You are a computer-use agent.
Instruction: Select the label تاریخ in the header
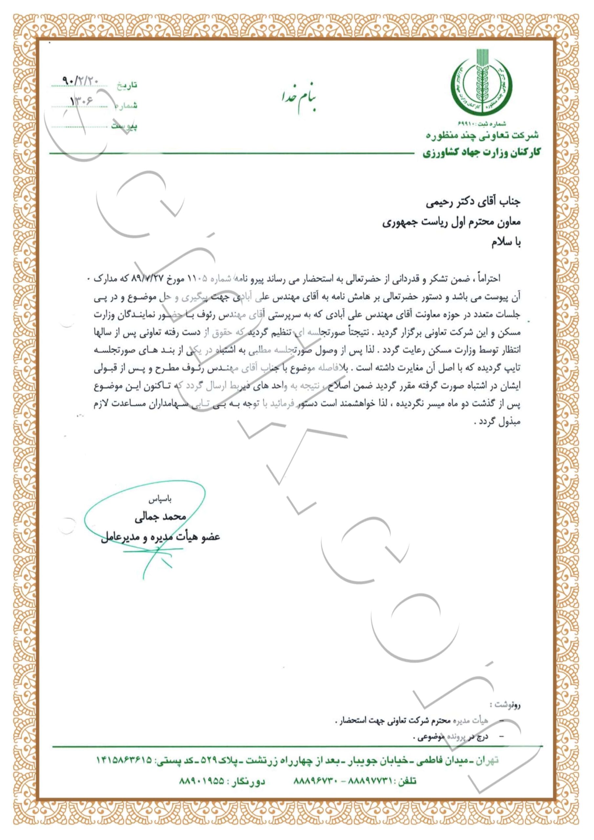pyautogui.click(x=127, y=86)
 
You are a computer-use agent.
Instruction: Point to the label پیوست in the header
pyautogui.click(x=124, y=126)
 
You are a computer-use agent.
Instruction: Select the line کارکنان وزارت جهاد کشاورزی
pyautogui.click(x=481, y=152)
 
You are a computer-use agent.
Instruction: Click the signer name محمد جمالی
pyautogui.click(x=160, y=517)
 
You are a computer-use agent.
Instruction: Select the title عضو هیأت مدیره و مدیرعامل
pyautogui.click(x=160, y=536)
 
